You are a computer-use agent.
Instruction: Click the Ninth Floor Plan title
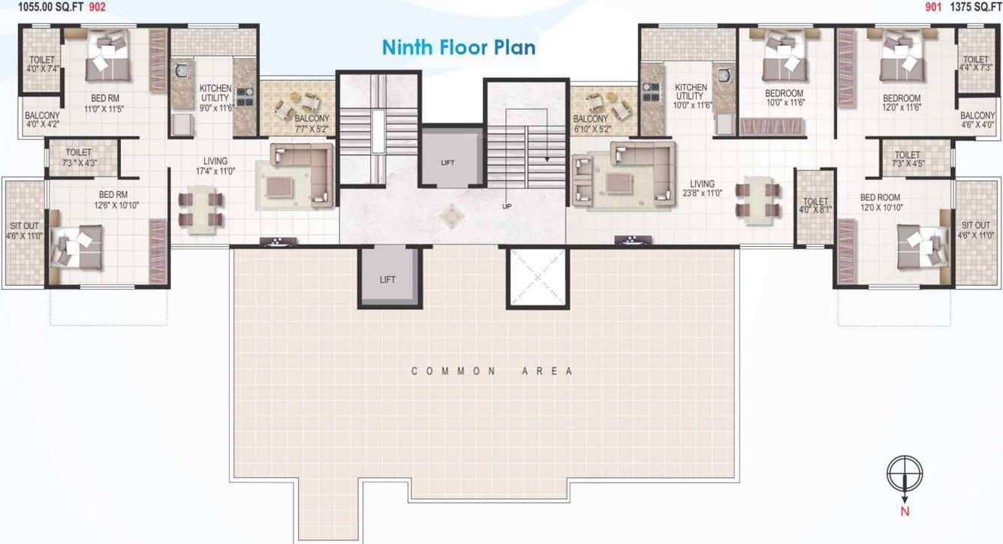(x=459, y=47)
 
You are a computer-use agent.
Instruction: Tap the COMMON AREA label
(x=492, y=371)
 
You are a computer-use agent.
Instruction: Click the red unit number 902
(x=98, y=6)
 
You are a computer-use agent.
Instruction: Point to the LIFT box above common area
(x=387, y=279)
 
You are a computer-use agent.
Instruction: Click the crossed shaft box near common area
(x=538, y=278)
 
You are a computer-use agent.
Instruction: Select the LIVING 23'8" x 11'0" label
(x=703, y=188)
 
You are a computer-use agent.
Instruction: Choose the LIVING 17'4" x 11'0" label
(x=215, y=166)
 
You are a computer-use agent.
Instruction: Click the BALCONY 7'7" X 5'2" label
(x=311, y=124)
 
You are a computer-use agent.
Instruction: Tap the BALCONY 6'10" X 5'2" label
(x=590, y=124)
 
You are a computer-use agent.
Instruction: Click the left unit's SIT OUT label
(x=24, y=230)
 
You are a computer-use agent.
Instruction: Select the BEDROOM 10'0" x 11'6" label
(x=784, y=98)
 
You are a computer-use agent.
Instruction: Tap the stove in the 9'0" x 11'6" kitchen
(x=245, y=97)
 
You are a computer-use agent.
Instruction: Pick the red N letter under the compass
(x=905, y=512)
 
